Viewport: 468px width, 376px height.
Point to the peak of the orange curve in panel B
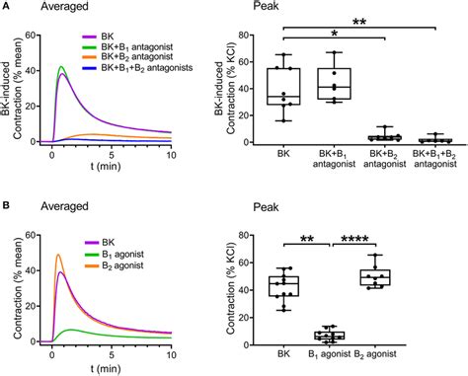coord(57,256)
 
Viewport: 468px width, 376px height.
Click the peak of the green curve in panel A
coord(61,67)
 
